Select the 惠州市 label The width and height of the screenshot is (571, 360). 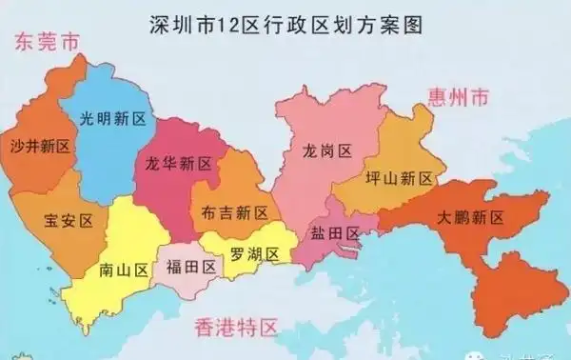tap(458, 97)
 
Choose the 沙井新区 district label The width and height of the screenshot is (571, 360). tap(40, 147)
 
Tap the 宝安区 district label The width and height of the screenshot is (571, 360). tap(69, 221)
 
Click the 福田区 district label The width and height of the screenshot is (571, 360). tap(190, 267)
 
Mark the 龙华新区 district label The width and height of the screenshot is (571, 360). tap(178, 163)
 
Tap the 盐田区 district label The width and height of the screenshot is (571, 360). tap(334, 233)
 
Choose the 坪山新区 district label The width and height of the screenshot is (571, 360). tap(399, 178)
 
